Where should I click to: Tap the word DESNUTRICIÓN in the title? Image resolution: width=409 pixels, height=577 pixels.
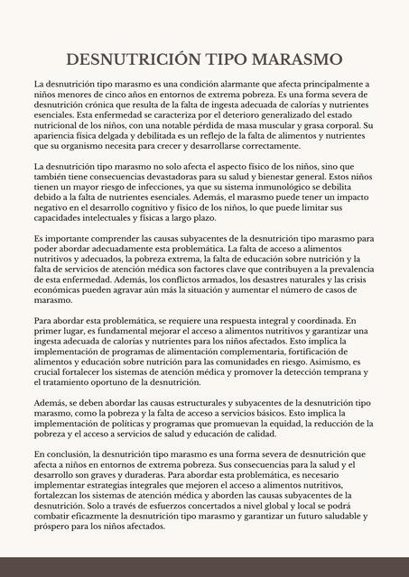tap(131, 60)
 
